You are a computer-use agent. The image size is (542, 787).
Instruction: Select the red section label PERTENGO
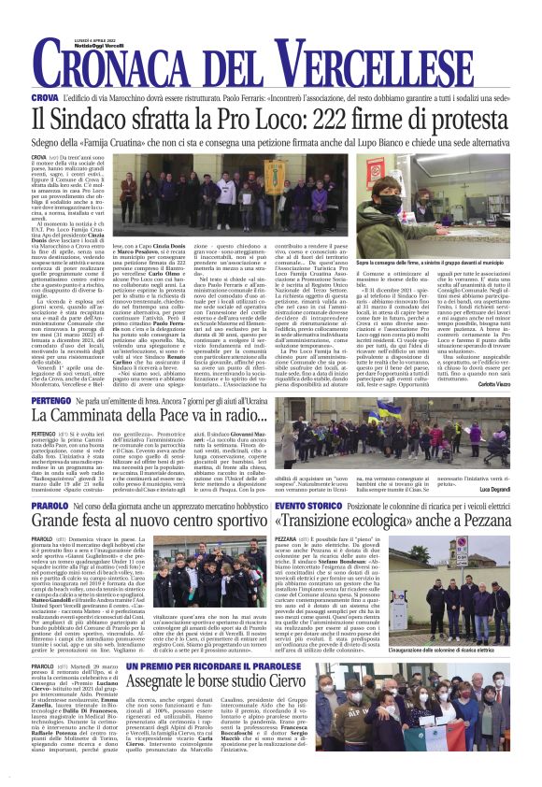pyautogui.click(x=51, y=399)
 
